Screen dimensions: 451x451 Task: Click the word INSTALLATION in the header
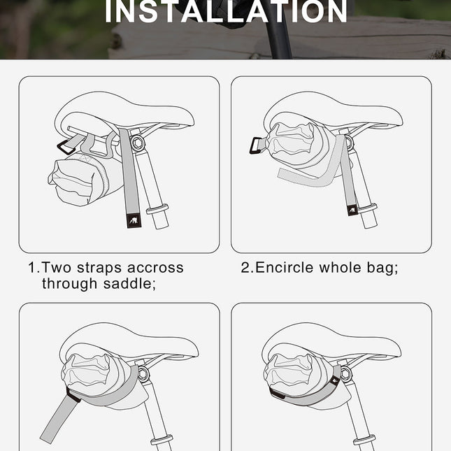click(226, 12)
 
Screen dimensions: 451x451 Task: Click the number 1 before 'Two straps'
click(32, 268)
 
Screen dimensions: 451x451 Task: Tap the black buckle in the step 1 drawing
click(67, 148)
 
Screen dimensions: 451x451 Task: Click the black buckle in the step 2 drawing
click(255, 145)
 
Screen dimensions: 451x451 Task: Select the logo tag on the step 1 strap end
click(131, 221)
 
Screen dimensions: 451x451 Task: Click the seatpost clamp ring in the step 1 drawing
click(157, 208)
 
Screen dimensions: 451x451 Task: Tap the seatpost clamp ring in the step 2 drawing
click(368, 208)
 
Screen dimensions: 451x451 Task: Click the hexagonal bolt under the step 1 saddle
click(136, 144)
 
